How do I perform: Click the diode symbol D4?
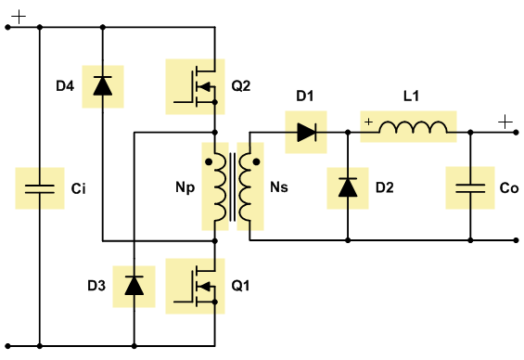[103, 86]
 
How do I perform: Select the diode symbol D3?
[134, 286]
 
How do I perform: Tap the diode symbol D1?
[306, 133]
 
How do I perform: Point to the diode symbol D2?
[348, 187]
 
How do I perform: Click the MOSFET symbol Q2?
[198, 86]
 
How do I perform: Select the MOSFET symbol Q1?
[198, 286]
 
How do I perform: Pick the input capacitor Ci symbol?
[40, 189]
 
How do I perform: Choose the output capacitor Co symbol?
[470, 188]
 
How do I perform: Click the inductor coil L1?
[413, 127]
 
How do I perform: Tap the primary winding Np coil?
[221, 186]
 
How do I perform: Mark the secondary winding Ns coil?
[245, 186]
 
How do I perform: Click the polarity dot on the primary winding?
[209, 162]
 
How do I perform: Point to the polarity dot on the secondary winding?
[256, 162]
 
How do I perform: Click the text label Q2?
[240, 86]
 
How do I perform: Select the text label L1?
[411, 96]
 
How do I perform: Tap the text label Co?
[509, 188]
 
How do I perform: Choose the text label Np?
[185, 187]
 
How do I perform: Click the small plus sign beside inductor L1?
[368, 122]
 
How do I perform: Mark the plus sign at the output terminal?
[505, 122]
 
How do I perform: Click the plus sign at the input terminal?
[19, 17]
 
